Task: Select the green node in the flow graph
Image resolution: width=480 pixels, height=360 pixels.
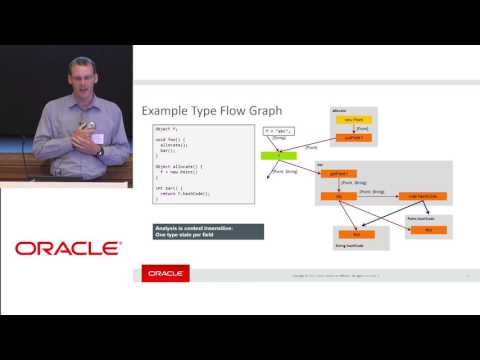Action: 273,155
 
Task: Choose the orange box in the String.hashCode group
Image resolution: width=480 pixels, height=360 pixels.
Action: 356,234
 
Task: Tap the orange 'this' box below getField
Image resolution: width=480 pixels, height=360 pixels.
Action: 338,196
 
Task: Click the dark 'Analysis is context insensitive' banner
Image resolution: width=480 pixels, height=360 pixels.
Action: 209,231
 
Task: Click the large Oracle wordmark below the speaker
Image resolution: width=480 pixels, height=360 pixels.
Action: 68,247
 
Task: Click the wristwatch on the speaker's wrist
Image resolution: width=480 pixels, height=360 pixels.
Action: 100,151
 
